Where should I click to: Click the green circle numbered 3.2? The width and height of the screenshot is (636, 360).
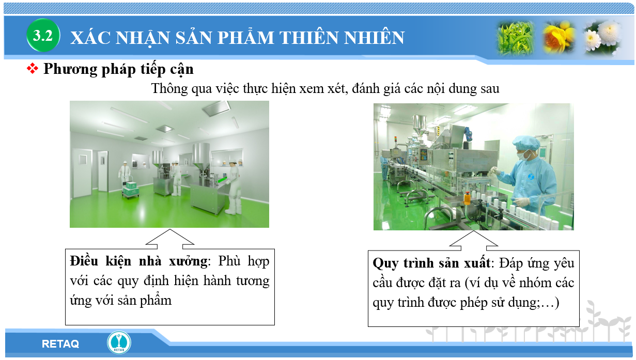click(x=43, y=35)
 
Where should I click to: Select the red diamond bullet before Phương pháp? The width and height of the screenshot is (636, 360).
click(x=33, y=68)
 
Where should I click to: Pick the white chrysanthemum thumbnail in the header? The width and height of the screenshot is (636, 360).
click(x=602, y=37)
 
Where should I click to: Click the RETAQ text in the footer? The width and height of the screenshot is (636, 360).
click(x=60, y=344)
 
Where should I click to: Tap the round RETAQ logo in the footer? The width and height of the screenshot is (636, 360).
click(x=119, y=342)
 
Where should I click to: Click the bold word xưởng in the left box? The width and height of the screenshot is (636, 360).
click(x=188, y=261)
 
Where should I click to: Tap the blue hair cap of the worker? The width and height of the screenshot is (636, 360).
click(x=526, y=143)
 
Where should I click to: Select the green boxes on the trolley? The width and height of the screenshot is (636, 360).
click(x=131, y=189)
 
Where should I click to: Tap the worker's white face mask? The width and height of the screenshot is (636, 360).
click(x=522, y=155)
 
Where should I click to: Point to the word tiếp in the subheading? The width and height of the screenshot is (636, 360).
click(x=153, y=69)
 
